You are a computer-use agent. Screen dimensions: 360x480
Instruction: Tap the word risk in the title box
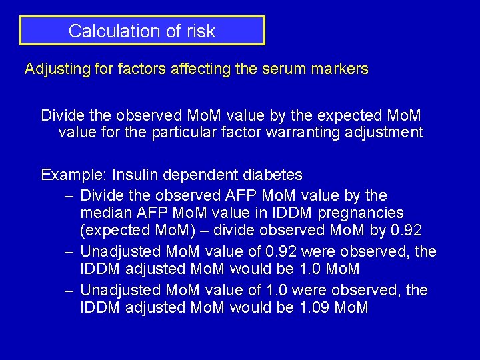coord(201,31)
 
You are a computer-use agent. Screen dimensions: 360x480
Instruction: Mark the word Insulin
coord(135,175)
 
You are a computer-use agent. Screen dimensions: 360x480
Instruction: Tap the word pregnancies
coord(364,213)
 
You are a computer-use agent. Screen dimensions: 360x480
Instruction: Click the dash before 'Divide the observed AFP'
coord(69,195)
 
